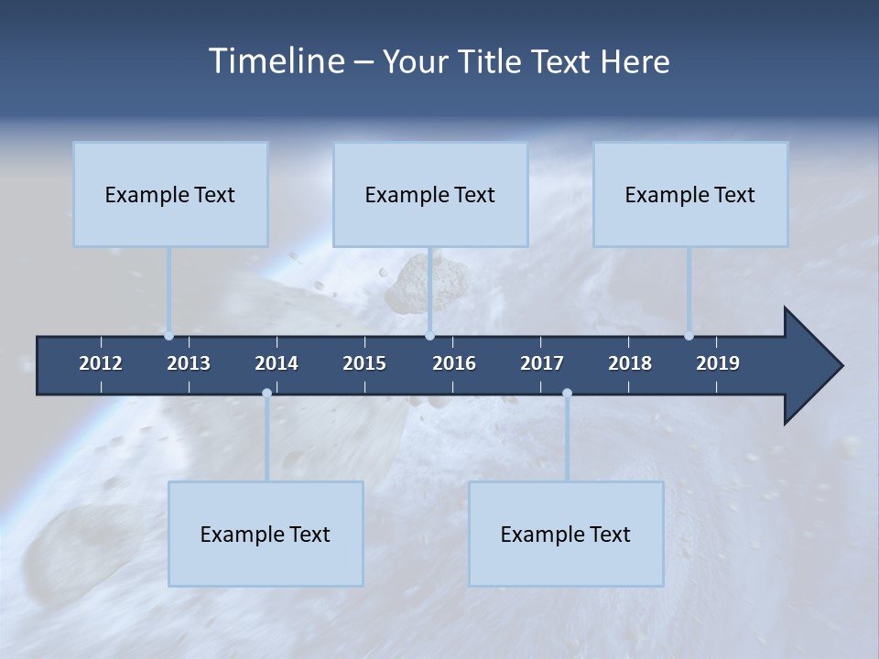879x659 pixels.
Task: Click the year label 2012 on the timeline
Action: point(101,363)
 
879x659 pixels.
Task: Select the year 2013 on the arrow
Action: point(189,363)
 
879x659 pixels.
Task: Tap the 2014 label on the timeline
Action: point(277,363)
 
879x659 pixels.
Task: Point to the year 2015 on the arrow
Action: point(364,363)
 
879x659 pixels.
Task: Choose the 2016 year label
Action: point(454,363)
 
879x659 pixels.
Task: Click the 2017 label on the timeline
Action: point(542,363)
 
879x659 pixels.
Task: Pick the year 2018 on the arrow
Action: point(630,363)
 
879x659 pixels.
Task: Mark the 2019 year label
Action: point(718,363)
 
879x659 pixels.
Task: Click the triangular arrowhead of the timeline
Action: point(811,366)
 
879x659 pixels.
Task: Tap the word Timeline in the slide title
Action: point(275,61)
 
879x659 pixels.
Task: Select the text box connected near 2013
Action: point(170,194)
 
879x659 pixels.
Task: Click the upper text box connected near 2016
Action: point(430,194)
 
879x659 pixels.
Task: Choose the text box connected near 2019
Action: point(690,194)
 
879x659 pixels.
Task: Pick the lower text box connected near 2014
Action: point(266,534)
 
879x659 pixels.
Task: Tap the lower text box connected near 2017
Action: point(566,534)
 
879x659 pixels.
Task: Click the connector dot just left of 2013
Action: point(168,336)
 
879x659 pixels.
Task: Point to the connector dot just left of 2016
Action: point(429,336)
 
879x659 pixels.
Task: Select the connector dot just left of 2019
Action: point(689,336)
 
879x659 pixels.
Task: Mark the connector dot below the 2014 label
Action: point(266,394)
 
